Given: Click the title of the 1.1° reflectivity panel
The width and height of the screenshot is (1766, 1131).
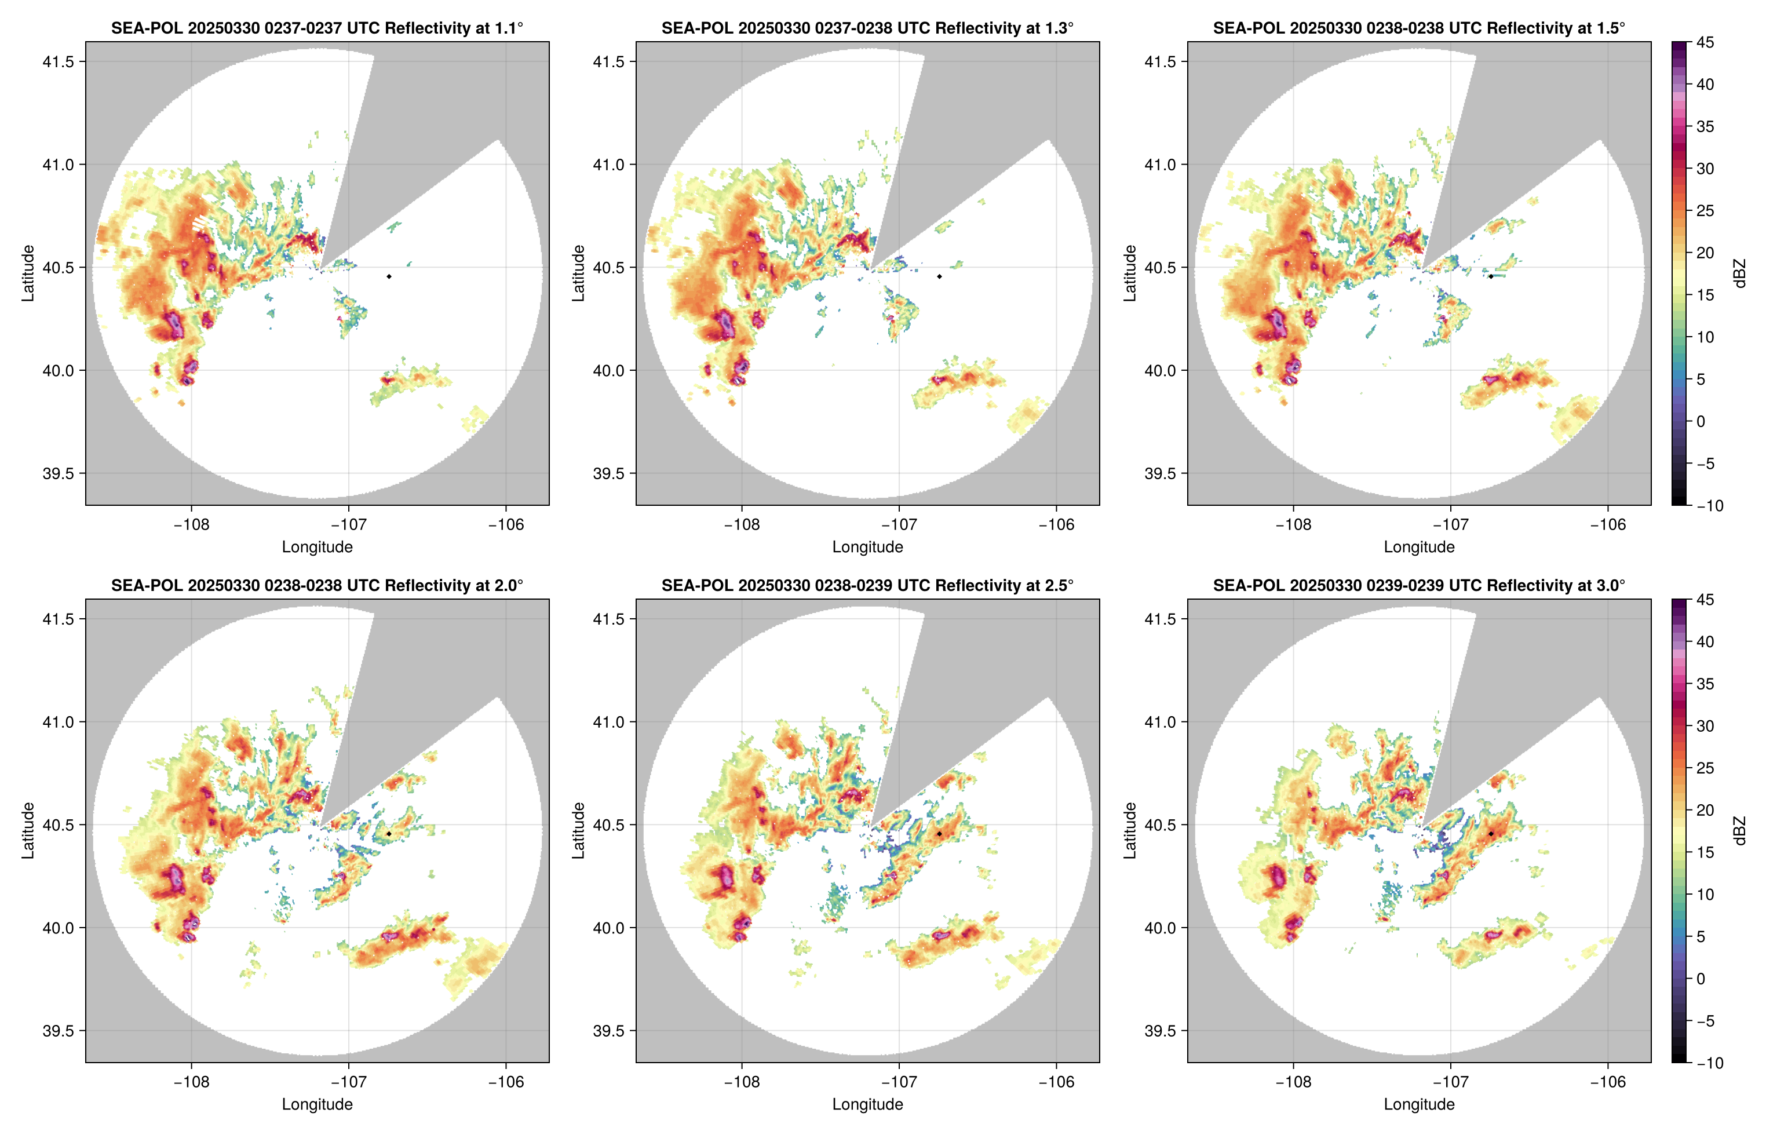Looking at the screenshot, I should point(317,28).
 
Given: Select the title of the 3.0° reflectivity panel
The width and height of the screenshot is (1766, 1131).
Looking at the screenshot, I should point(1419,585).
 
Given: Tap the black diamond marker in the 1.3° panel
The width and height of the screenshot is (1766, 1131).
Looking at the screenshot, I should point(939,276).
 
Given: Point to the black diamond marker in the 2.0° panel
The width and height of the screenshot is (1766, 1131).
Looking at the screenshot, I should point(388,834).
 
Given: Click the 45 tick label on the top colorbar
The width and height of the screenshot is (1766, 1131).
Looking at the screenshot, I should point(1705,43).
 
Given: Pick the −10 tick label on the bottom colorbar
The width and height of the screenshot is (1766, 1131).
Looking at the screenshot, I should point(1709,1063).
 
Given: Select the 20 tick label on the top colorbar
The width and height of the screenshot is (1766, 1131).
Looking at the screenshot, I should point(1705,253).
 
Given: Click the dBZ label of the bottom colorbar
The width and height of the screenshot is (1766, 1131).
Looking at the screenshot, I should point(1739,831).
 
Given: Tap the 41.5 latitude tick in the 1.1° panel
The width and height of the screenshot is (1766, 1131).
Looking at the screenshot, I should point(59,61).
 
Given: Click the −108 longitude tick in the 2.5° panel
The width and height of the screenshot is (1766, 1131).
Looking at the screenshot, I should point(742,1082).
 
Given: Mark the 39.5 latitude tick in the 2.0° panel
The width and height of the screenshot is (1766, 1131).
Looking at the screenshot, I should point(59,1030).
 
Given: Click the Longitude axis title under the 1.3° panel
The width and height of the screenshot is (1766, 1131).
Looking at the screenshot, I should point(867,546).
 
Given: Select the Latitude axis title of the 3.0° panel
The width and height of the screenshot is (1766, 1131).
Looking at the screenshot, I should point(1130,831).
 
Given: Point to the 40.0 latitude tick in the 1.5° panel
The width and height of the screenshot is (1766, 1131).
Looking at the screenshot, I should point(1160,370).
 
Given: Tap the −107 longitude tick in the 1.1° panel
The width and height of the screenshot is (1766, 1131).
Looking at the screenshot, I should point(348,524).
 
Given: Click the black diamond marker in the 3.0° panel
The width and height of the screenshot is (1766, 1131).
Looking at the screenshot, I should point(1491,834).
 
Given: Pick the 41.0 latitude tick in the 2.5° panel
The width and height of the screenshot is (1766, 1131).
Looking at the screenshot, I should point(609,722).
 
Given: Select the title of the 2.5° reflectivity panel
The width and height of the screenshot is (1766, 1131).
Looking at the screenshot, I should point(867,585).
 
